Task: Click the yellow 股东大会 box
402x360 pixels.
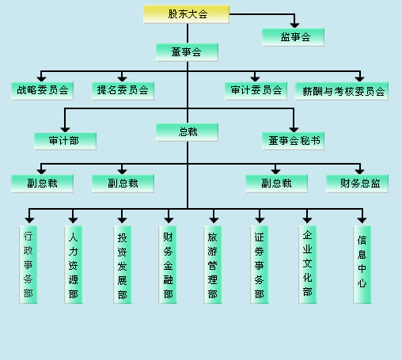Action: click(x=186, y=14)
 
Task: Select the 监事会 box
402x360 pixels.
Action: click(x=293, y=37)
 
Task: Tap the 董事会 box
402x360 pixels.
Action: click(x=187, y=52)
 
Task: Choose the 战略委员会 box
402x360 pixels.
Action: click(x=42, y=91)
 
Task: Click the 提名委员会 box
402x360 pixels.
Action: click(x=123, y=91)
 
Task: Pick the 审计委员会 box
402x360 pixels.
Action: click(x=256, y=91)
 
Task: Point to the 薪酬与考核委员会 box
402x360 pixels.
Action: click(x=342, y=91)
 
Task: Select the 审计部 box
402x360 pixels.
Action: click(x=65, y=142)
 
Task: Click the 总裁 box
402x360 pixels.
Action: click(x=187, y=132)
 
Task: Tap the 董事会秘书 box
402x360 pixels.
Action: click(x=293, y=142)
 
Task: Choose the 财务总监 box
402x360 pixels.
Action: click(x=357, y=184)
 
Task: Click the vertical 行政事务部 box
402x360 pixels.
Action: click(x=28, y=264)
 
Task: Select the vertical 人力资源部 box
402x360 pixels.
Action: click(x=74, y=264)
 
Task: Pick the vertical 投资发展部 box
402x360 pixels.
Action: click(x=123, y=264)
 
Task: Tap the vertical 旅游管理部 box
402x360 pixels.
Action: click(x=213, y=264)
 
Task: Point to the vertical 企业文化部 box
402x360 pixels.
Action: click(x=308, y=264)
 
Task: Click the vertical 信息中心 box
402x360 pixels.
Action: click(x=362, y=264)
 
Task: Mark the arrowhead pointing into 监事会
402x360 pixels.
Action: click(x=294, y=25)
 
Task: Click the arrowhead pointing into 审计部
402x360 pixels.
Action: click(x=65, y=130)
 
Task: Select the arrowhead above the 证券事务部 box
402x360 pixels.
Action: click(x=260, y=220)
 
